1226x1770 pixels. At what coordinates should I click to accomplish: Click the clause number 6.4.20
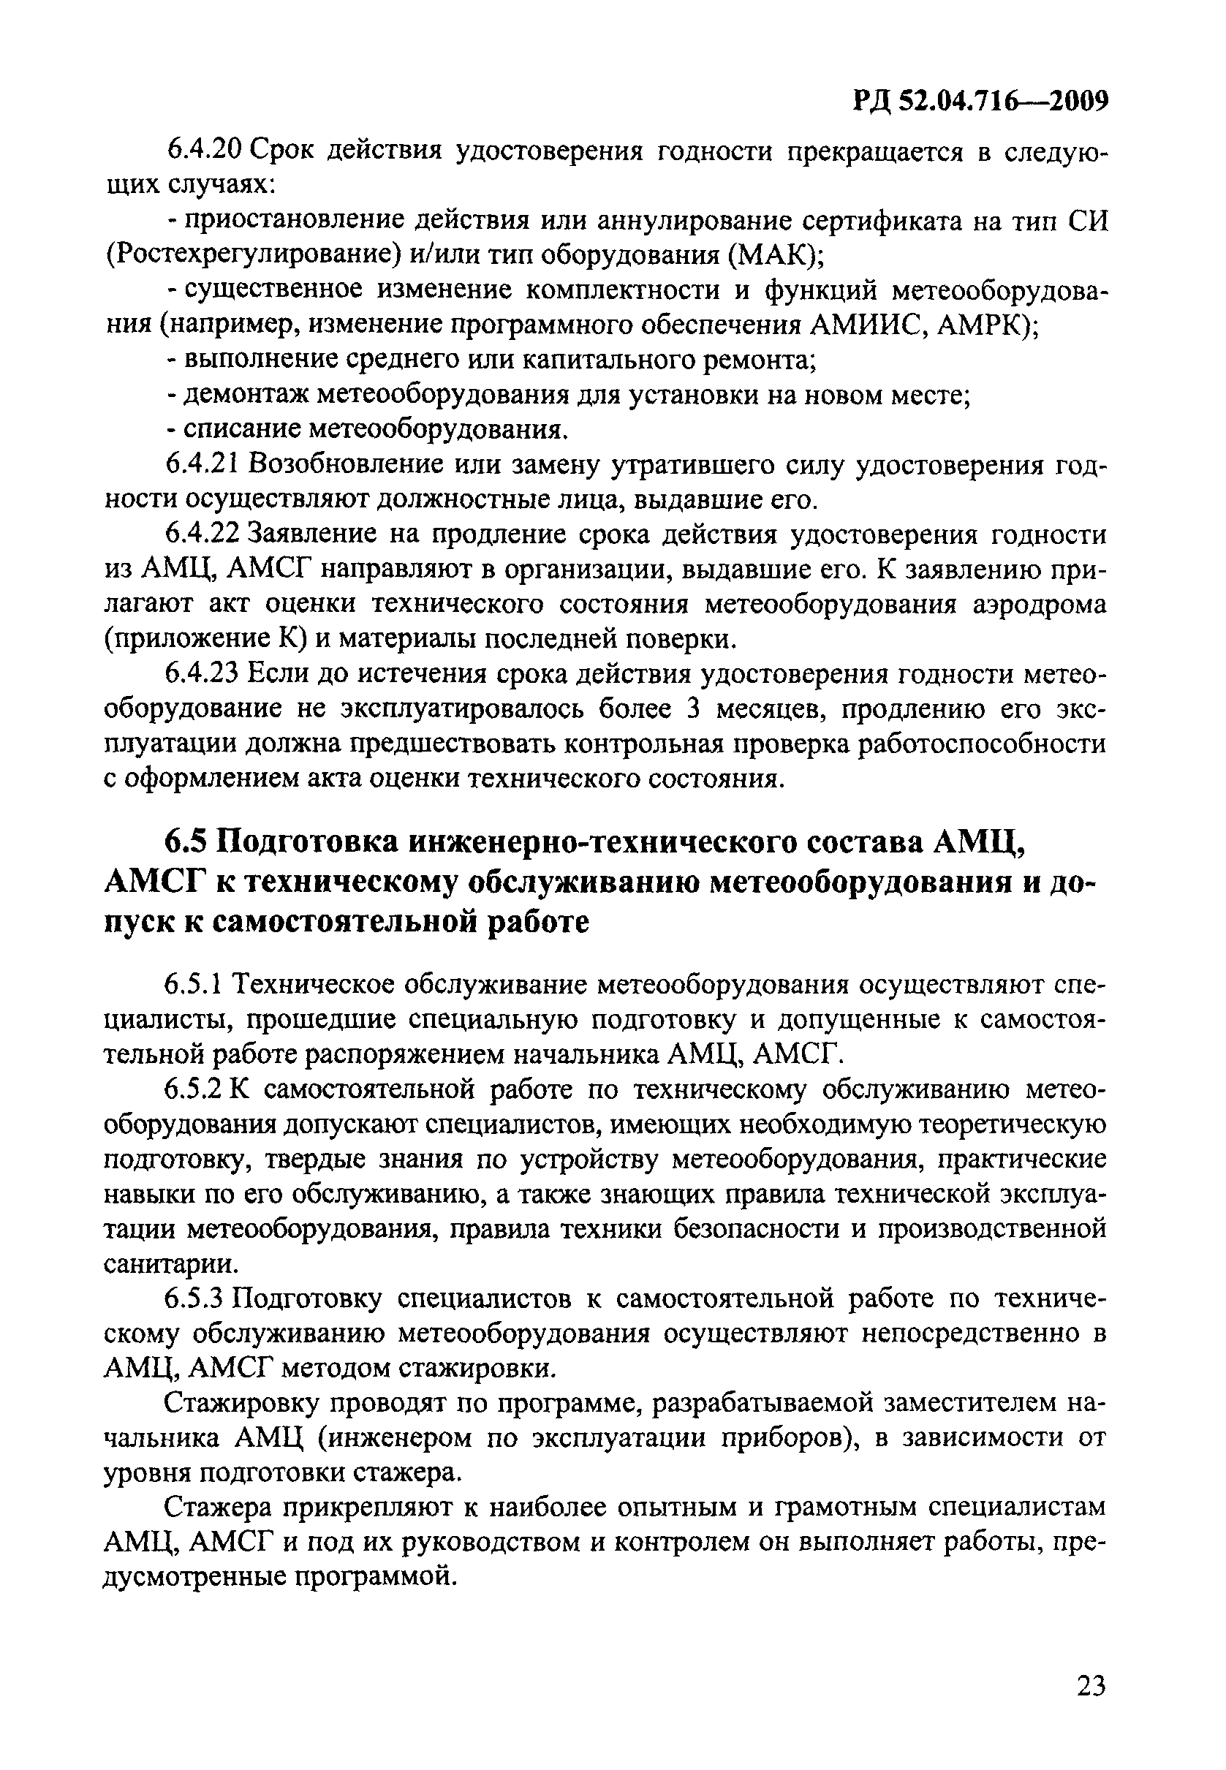[x=205, y=150]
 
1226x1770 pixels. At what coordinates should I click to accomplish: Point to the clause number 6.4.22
[x=205, y=534]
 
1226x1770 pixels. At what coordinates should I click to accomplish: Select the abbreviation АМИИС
[x=860, y=325]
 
